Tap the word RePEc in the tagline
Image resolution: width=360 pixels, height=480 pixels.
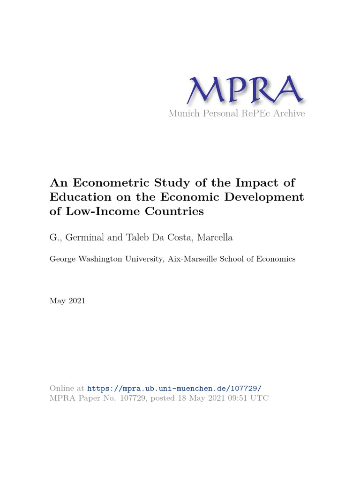point(255,113)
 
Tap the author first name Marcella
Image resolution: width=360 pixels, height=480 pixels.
point(215,238)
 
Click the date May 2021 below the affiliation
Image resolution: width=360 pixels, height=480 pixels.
point(67,301)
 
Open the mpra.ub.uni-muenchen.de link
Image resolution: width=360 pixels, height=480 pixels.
point(174,389)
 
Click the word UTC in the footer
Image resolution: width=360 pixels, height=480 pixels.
point(260,398)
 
